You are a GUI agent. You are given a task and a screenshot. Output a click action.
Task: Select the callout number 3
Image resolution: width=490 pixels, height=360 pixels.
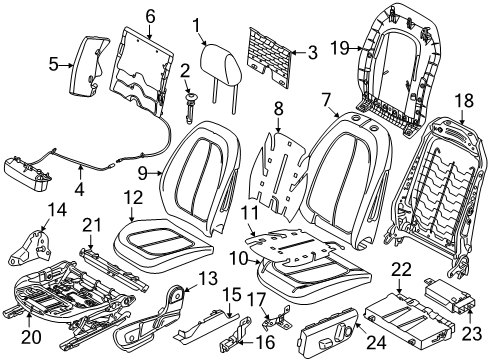[x=313, y=53]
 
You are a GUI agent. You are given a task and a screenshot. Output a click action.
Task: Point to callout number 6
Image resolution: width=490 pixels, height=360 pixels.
[x=151, y=16]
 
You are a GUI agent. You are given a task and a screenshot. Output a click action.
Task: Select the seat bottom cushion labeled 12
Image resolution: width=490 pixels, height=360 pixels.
[x=163, y=246]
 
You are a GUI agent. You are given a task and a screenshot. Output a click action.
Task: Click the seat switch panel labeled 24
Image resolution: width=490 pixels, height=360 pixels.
[x=327, y=329]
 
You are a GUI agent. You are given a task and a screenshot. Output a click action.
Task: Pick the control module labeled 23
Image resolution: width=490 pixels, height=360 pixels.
[x=451, y=295]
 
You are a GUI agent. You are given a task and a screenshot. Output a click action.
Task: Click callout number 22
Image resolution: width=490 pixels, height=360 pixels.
[x=401, y=270]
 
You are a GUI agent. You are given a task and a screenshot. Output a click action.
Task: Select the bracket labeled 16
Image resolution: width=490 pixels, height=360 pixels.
[x=235, y=333]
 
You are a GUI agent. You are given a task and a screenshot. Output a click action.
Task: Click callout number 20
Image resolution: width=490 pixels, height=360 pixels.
[x=31, y=337]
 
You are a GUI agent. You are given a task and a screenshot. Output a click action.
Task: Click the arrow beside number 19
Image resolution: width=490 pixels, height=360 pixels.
[x=361, y=49]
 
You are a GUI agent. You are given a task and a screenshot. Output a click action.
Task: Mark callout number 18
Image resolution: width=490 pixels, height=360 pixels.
[x=463, y=100]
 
